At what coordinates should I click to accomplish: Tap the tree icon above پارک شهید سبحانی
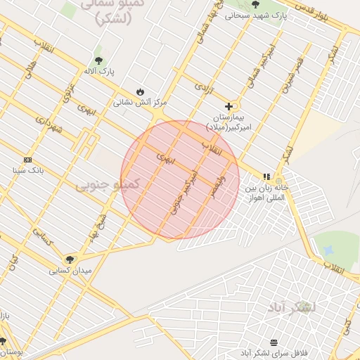(254, 5)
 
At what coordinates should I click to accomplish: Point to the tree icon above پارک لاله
(98, 60)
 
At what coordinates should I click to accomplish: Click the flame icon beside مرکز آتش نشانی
(140, 92)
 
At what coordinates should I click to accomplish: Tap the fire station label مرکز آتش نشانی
(136, 103)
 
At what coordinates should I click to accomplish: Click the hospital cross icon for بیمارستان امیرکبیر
(229, 106)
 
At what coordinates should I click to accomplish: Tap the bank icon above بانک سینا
(27, 160)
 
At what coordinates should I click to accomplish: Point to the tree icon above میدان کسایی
(69, 259)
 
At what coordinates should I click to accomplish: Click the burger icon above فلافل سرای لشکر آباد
(273, 342)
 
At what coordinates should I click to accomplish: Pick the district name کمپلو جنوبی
(108, 184)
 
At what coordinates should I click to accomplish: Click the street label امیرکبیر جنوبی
(182, 191)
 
